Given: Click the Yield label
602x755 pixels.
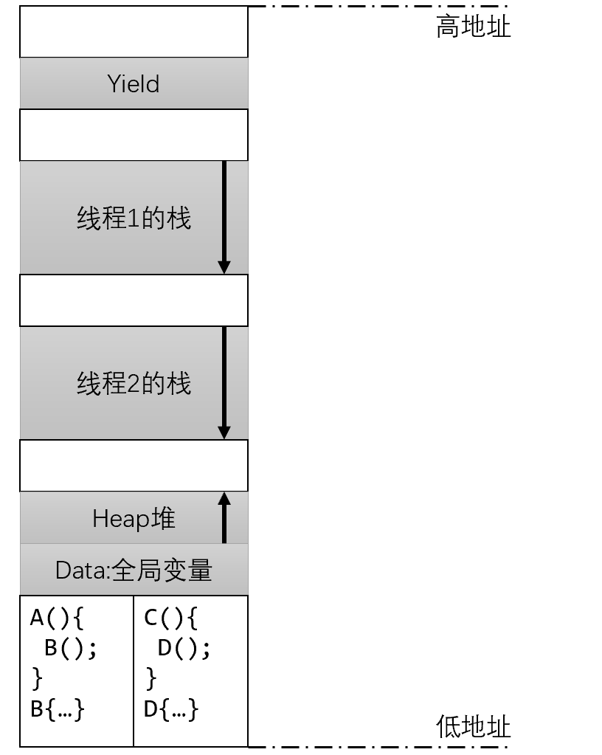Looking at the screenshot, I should coord(134,83).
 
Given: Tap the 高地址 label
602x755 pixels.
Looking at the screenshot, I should coord(473,27).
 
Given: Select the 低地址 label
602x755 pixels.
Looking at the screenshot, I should coord(473,727).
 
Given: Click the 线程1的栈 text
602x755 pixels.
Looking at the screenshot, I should coord(134,218).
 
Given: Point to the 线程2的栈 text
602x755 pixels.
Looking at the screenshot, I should coord(134,384).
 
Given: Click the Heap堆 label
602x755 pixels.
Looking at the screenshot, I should coord(134,519).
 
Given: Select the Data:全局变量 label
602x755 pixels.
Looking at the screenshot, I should coord(134,570).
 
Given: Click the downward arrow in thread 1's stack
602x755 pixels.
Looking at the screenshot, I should coord(224,217).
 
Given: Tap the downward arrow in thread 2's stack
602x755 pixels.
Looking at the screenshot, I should coord(224,383).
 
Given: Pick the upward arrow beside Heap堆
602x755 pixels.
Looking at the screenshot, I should coord(224,517).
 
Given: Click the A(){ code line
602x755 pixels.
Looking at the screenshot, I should coord(57,617).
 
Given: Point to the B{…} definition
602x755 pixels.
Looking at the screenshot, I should coord(58,709).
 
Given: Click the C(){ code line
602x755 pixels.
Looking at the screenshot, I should coord(170,617).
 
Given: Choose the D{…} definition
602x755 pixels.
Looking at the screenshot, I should coord(171,709).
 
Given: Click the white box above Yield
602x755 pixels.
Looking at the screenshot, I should coord(134,32).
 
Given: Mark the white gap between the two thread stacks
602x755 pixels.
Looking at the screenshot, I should coord(134,300).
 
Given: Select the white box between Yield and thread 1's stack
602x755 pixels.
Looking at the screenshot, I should coord(134,135).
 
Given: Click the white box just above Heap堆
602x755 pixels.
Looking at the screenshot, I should coord(134,466).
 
